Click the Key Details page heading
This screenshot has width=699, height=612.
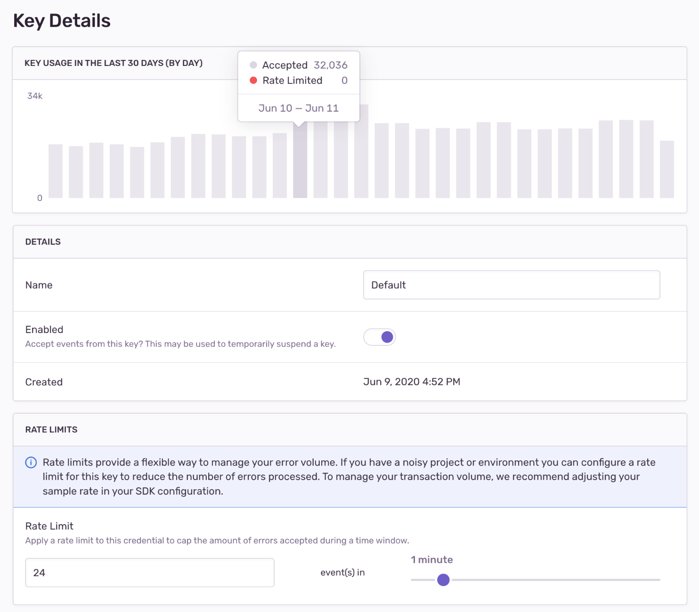point(62,21)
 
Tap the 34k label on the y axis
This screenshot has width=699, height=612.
point(35,96)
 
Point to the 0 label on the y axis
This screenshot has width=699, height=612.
point(40,198)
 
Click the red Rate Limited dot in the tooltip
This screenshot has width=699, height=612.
point(253,81)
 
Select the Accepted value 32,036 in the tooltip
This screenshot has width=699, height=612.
point(331,65)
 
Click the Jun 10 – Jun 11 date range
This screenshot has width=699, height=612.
point(299,108)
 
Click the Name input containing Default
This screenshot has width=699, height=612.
point(511,285)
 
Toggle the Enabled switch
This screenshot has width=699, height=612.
point(380,337)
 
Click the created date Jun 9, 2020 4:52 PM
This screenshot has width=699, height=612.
point(412,382)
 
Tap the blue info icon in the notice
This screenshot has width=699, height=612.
point(31,463)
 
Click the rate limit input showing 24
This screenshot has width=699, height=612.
point(149,573)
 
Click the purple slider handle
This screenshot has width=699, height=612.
point(443,580)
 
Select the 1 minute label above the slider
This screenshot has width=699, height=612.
point(432,560)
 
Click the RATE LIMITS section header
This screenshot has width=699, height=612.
point(51,430)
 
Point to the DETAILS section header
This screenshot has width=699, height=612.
point(43,242)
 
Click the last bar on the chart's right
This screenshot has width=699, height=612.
point(666,170)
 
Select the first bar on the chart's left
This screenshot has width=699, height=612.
point(56,171)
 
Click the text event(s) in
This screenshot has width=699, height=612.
point(342,573)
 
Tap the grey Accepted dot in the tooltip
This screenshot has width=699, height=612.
point(253,65)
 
